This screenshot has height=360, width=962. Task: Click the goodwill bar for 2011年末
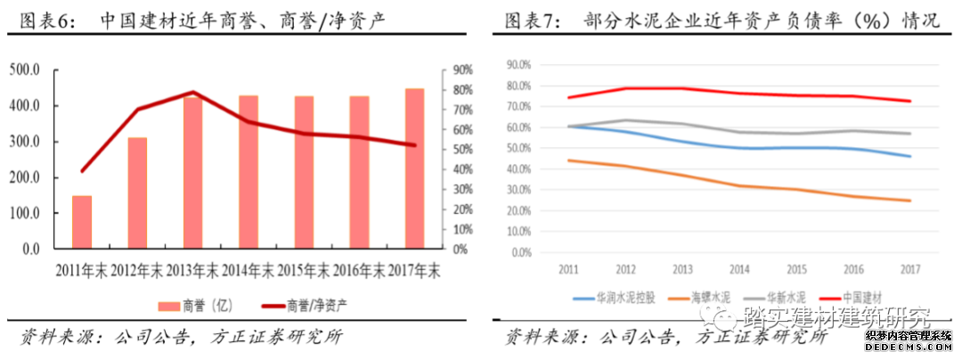(x=82, y=222)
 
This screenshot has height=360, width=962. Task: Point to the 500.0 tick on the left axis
(x=26, y=70)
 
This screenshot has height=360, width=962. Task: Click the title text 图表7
(x=533, y=20)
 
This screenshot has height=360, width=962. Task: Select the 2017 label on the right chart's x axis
(x=909, y=268)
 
